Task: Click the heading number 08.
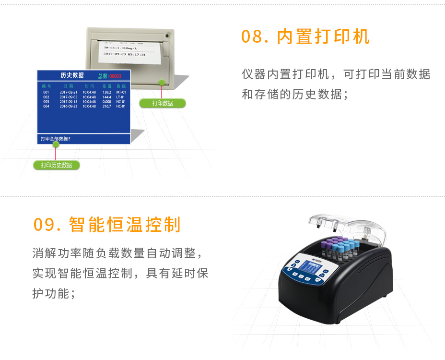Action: (x=254, y=37)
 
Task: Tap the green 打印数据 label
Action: (x=163, y=103)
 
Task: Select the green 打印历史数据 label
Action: (x=57, y=165)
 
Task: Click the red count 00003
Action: (x=116, y=76)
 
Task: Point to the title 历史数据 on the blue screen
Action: (x=72, y=75)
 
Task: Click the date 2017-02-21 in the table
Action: (x=68, y=92)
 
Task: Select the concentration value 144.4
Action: (x=106, y=97)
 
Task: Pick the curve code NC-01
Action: (x=121, y=102)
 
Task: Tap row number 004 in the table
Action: (x=46, y=107)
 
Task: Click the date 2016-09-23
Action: (x=68, y=107)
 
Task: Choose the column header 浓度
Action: (x=106, y=86)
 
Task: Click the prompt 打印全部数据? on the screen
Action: (x=56, y=139)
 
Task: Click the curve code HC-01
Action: (x=121, y=107)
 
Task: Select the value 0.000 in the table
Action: (x=106, y=102)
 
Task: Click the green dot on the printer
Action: (x=162, y=82)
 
